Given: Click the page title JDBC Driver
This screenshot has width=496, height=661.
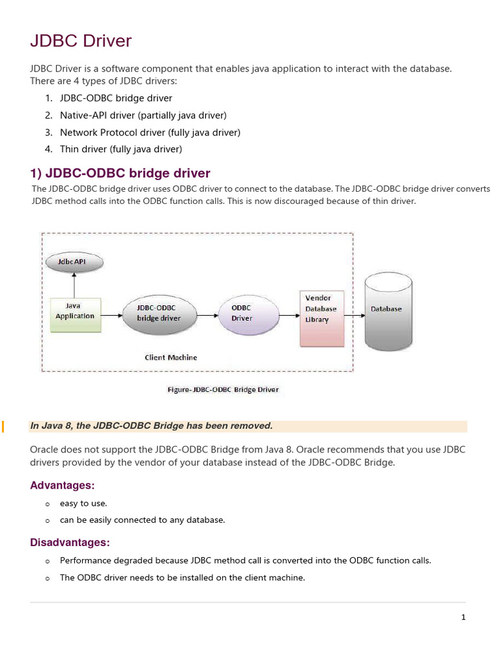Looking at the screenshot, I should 81,41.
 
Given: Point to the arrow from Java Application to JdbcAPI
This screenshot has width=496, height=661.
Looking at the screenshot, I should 75,284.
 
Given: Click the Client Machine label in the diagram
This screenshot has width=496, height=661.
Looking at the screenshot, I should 171,357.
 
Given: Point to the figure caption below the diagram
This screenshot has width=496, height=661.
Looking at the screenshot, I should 222,389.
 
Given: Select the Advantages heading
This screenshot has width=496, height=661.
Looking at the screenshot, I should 63,485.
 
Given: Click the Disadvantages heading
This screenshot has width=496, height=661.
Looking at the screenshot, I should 70,542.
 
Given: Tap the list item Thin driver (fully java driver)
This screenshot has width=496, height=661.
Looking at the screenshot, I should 121,149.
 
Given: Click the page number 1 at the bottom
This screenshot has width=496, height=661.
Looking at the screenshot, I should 463,617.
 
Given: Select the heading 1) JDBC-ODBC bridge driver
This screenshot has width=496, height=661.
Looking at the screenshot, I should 120,173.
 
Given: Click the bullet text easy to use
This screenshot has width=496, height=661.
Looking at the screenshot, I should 83,503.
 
